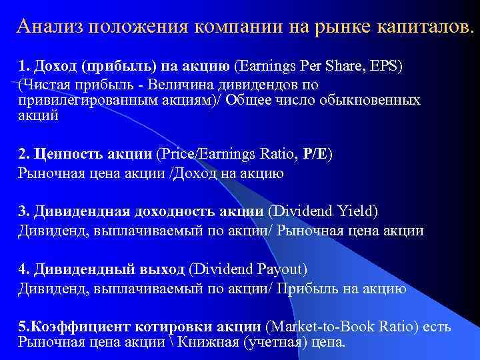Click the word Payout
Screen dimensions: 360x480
(277, 269)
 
